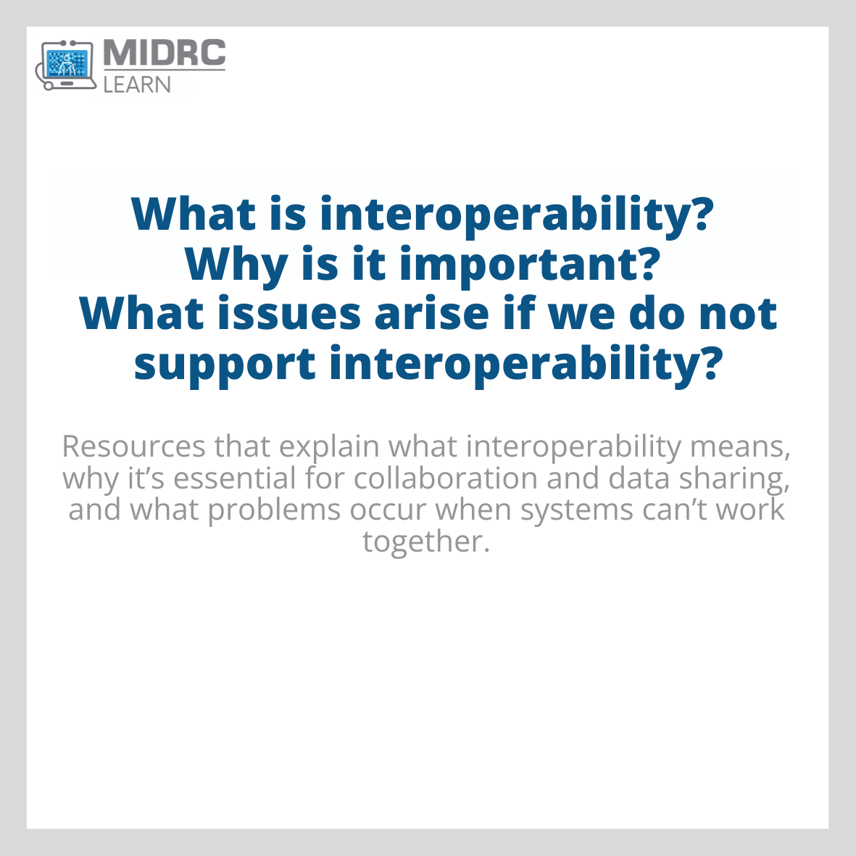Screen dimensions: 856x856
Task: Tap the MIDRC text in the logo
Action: pos(165,54)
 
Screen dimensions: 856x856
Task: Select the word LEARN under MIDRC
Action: pos(137,84)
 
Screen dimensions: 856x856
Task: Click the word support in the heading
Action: pos(225,363)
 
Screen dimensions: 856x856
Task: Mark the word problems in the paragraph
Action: pos(274,510)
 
